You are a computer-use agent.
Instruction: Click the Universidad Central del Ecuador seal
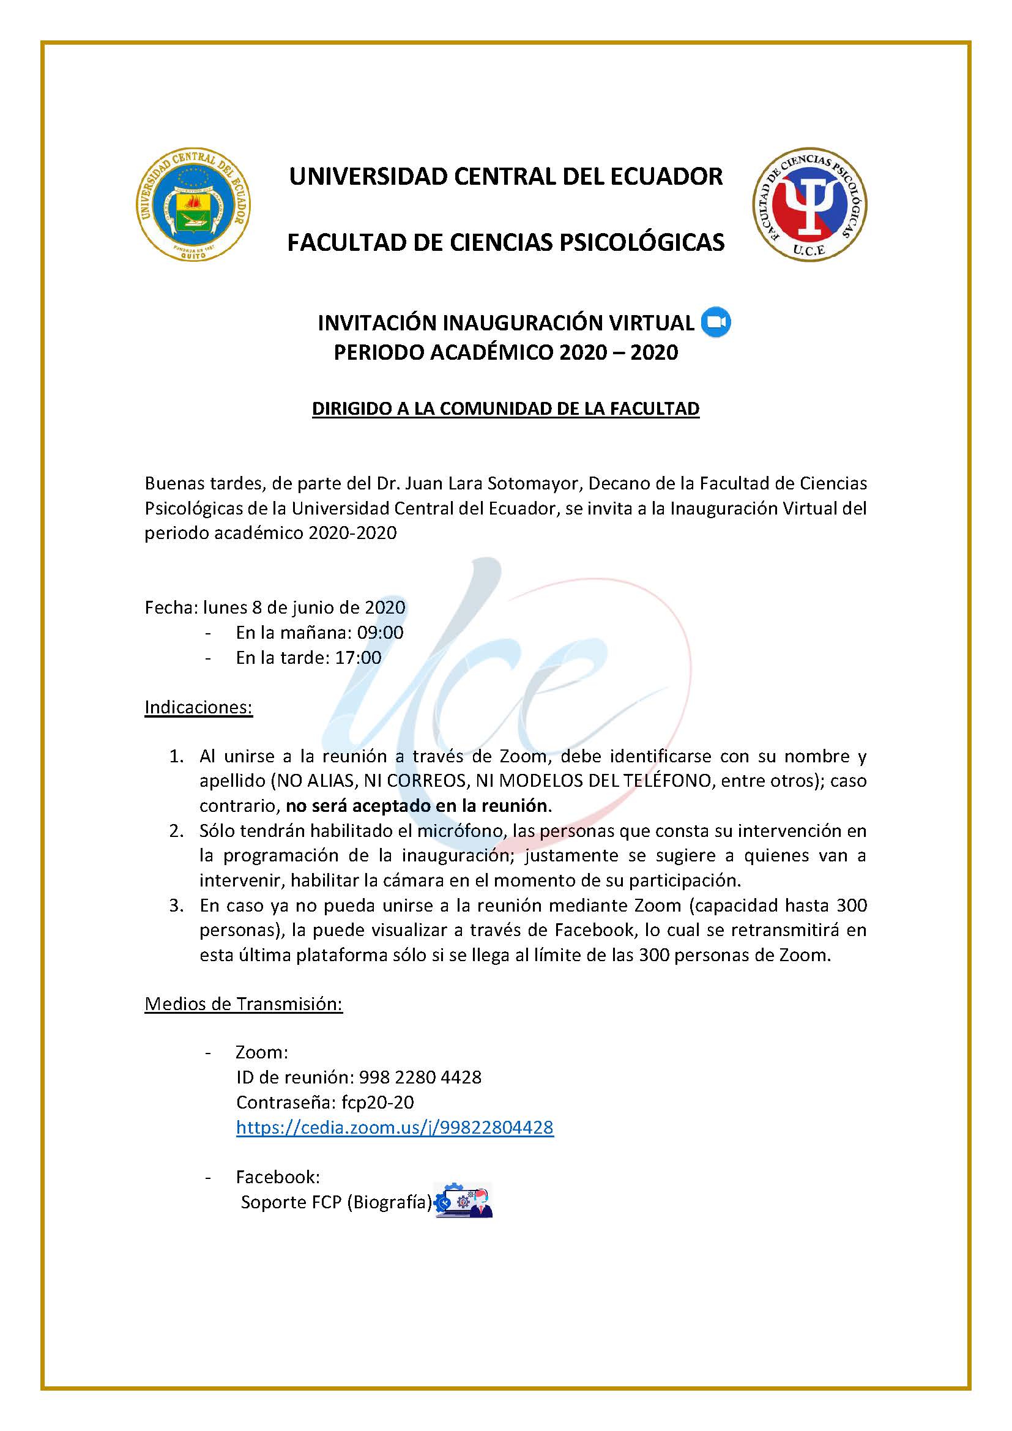[193, 206]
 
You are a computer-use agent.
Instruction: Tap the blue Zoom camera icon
[715, 322]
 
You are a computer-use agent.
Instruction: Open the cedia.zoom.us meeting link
[395, 1127]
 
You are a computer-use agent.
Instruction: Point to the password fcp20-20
[377, 1102]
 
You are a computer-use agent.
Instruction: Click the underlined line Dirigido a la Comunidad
[505, 409]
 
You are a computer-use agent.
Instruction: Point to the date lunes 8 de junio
[304, 607]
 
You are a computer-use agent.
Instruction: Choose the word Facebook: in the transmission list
[277, 1176]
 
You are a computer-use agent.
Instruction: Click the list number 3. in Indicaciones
[176, 905]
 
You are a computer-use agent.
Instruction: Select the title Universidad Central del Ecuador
[505, 176]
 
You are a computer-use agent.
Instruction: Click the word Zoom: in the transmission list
[262, 1052]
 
